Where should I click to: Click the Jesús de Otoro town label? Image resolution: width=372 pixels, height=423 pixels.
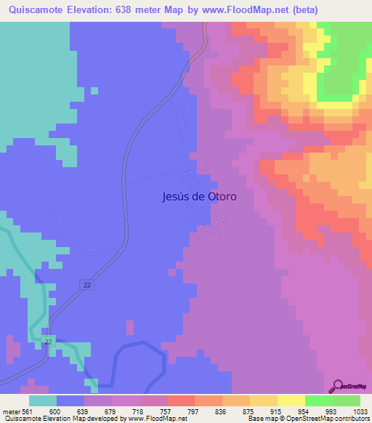(197, 196)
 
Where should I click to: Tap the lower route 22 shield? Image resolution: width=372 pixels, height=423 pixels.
(48, 341)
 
